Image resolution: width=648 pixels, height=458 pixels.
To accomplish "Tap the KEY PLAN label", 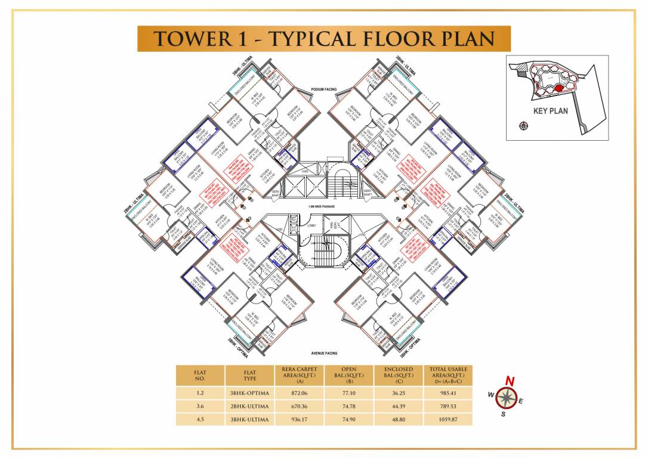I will point(550,110).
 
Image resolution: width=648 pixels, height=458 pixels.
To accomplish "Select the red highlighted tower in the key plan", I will point(558,88).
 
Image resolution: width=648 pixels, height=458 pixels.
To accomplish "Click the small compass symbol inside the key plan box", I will point(523,125).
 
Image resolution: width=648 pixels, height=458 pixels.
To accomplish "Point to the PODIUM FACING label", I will point(324,89).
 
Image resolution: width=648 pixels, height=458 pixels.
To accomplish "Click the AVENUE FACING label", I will point(325,352).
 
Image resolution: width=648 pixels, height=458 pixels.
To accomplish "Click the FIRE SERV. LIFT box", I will point(334,226).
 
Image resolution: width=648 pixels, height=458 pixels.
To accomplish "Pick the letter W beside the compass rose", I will point(490,394).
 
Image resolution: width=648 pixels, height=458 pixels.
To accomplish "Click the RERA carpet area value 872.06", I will point(298,394).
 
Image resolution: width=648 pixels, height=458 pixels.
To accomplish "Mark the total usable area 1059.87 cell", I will point(448,419).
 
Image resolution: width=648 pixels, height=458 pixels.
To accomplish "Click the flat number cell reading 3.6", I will point(199,407).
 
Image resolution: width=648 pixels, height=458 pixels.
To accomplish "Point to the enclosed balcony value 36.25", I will point(398,394).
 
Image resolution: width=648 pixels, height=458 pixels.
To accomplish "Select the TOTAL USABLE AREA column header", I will point(448,375).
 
